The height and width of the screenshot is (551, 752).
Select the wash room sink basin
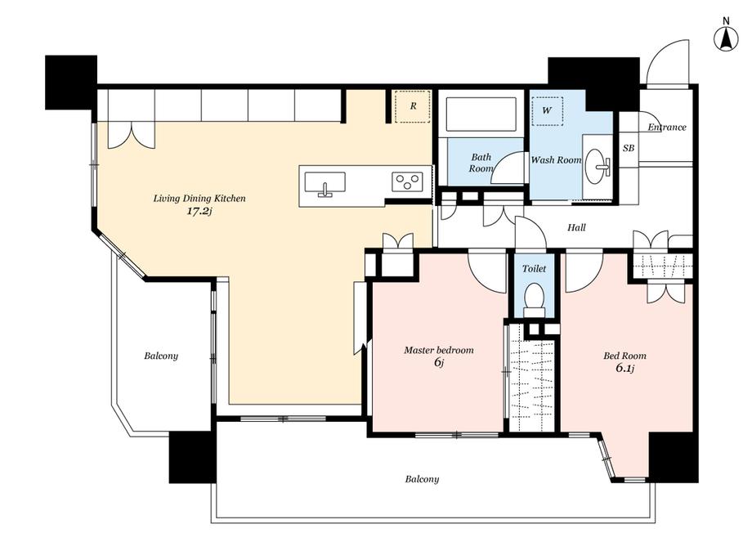point(597,166)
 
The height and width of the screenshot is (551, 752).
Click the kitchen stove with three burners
point(408,181)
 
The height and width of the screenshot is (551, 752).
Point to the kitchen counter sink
point(325,184)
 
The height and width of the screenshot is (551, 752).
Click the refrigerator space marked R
point(413,106)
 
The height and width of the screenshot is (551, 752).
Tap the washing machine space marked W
point(548,110)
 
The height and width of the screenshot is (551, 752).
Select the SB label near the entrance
point(629,148)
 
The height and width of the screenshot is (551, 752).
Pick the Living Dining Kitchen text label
point(199,198)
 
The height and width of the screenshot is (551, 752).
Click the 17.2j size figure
point(199,212)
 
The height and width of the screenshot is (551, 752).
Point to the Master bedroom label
point(439,350)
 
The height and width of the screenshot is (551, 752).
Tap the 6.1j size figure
point(625,369)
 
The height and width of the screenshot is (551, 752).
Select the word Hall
point(576,227)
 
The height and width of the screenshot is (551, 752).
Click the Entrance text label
point(667,127)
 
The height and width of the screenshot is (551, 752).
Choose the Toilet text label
point(534,268)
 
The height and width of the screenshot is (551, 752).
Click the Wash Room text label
point(556,160)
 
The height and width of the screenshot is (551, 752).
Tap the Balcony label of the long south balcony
point(422,479)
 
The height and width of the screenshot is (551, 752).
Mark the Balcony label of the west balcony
point(161,356)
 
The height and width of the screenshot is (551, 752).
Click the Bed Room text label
point(624,356)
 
